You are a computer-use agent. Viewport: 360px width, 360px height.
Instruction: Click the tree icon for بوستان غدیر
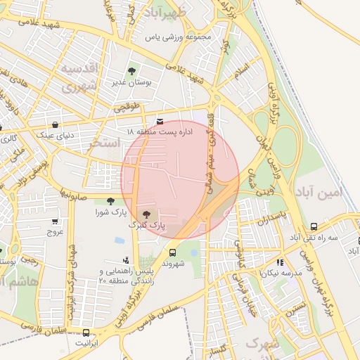[131, 71]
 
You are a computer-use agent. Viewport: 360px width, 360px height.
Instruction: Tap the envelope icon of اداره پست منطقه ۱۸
[160, 122]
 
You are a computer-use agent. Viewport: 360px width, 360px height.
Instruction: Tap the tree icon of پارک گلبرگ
[146, 215]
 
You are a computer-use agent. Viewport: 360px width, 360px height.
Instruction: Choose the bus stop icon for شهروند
[172, 252]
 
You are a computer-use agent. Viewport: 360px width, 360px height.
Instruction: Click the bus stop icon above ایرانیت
[86, 333]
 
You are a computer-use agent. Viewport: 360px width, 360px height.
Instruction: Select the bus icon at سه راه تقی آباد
[314, 227]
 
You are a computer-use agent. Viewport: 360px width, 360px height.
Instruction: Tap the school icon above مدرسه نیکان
[281, 262]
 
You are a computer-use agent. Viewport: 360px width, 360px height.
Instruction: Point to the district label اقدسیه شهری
[82, 77]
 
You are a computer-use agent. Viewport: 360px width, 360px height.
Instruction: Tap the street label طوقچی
[127, 107]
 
